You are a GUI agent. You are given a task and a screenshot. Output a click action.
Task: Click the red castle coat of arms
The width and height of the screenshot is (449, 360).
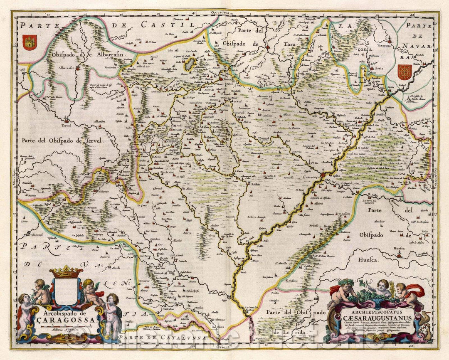pyautogui.click(x=30, y=42)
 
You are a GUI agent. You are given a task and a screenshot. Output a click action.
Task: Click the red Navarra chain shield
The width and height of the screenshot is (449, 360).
pyautogui.click(x=404, y=72)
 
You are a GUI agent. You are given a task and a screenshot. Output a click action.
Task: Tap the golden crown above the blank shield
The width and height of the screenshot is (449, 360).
pyautogui.click(x=66, y=272)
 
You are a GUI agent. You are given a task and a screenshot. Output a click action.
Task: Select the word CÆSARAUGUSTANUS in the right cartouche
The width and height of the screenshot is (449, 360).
pyautogui.click(x=377, y=318)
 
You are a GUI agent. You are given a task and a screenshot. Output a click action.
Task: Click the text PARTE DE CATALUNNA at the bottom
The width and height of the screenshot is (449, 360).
pyautogui.click(x=162, y=338)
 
